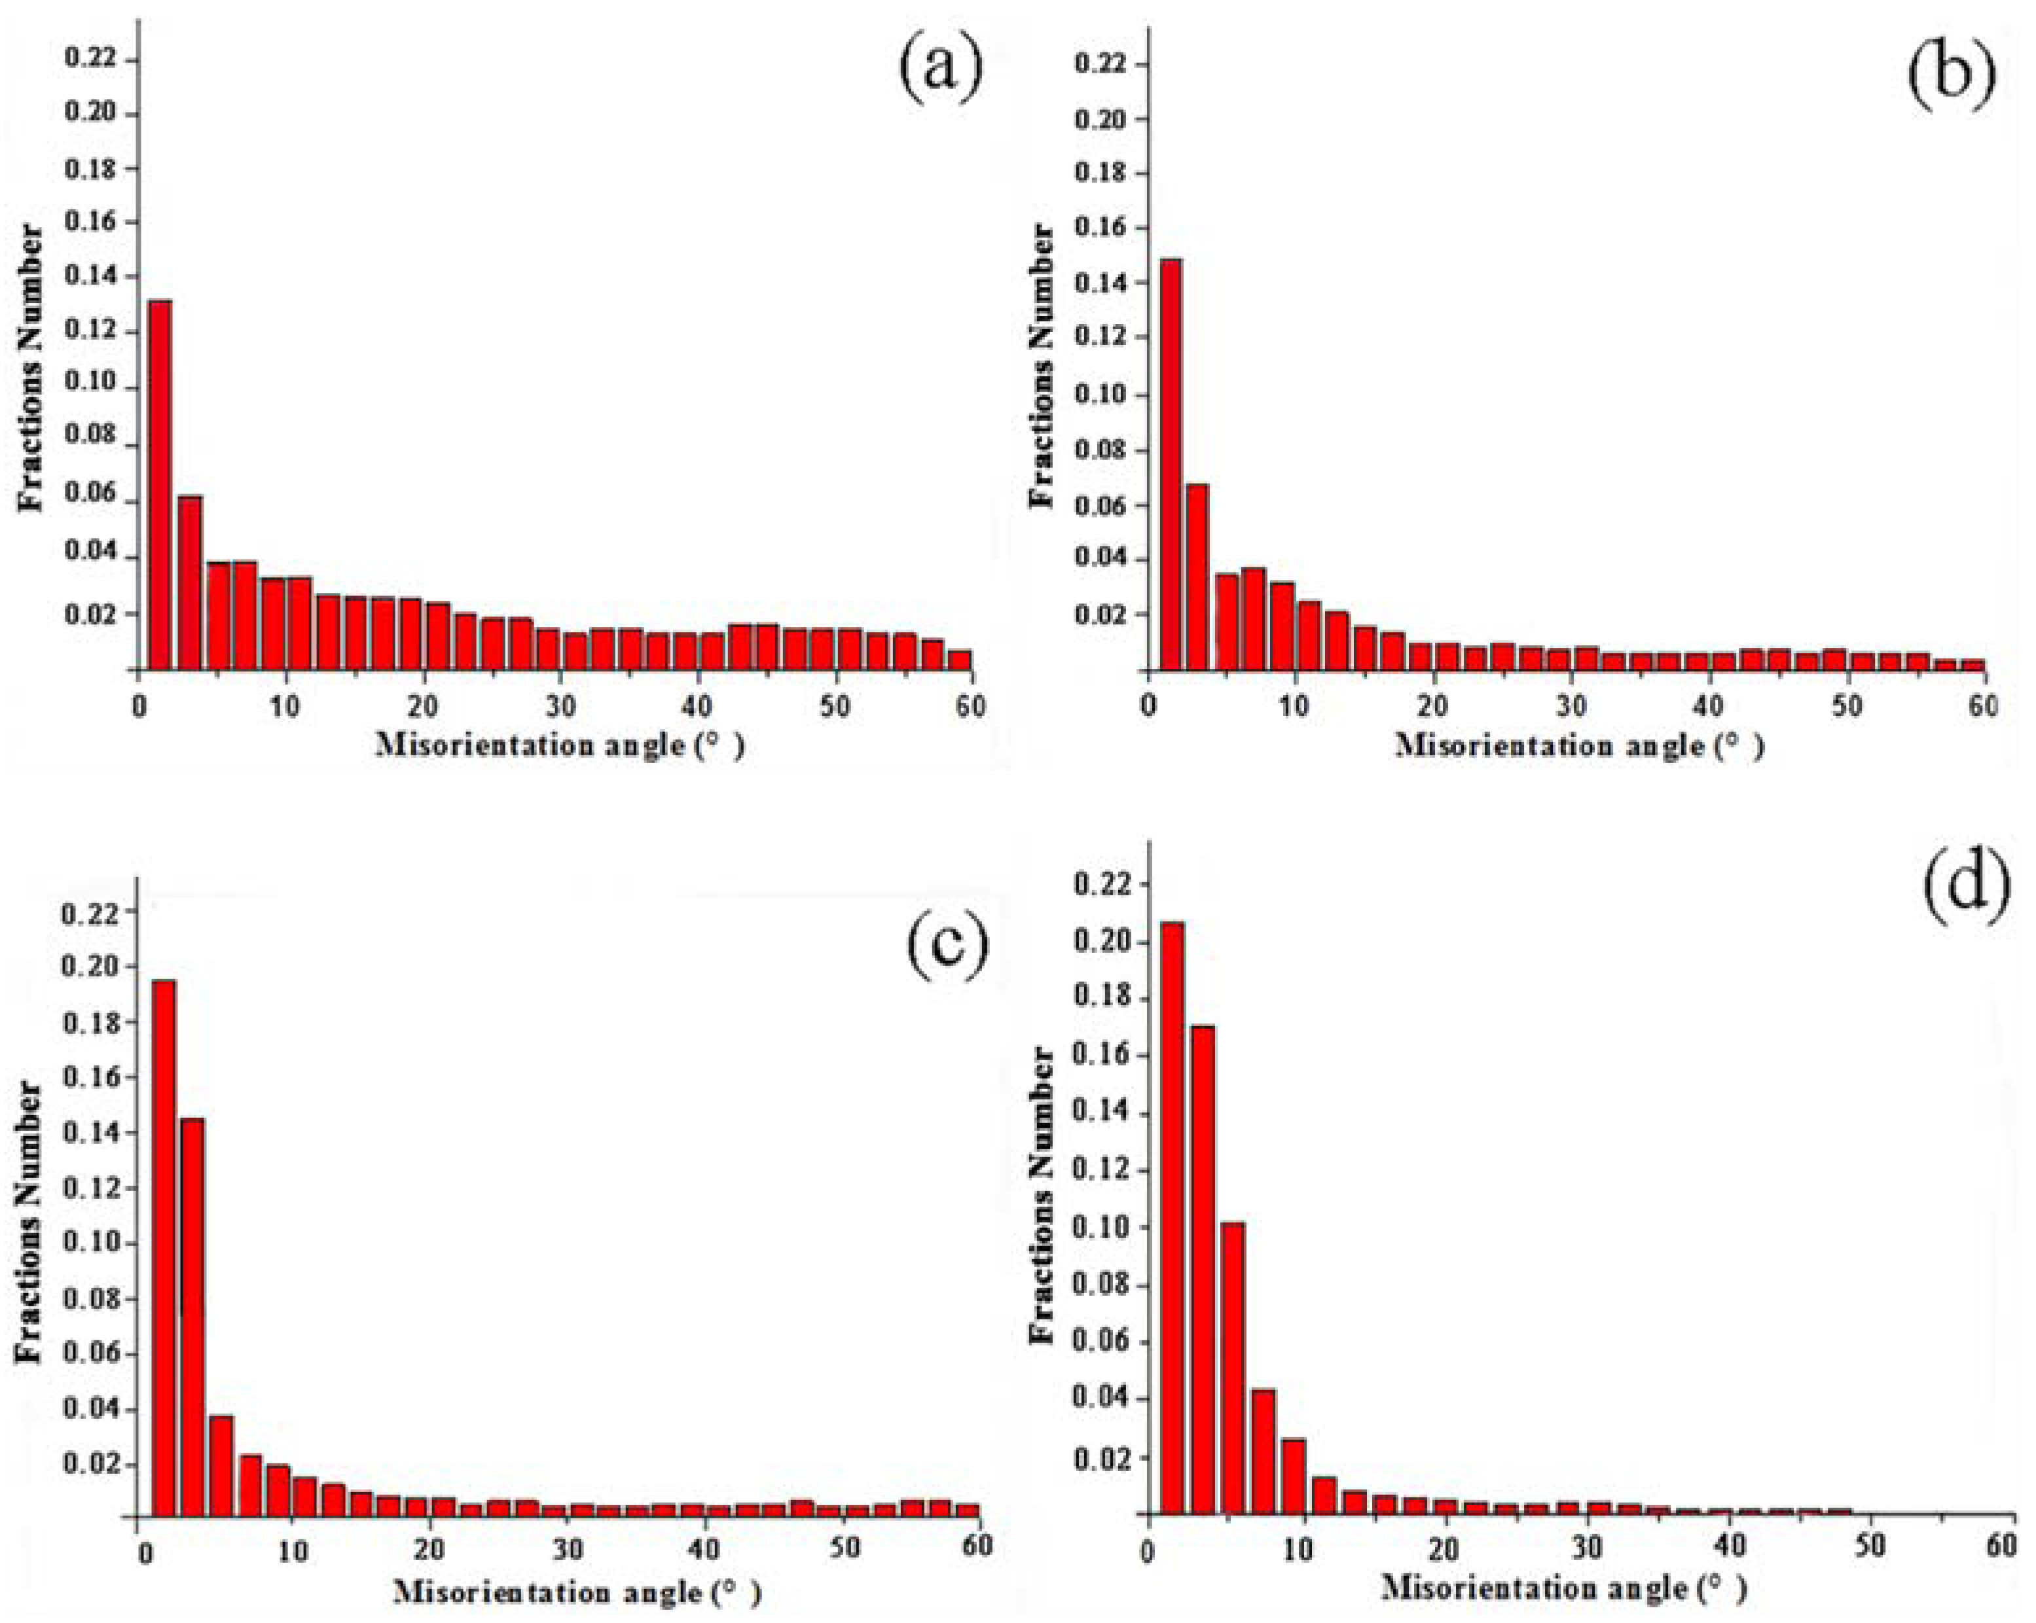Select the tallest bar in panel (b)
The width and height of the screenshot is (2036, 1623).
point(1170,465)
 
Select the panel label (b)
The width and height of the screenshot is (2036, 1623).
point(1951,74)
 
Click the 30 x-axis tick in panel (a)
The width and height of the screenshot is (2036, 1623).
point(559,706)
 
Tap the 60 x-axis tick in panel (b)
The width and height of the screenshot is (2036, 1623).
point(1983,706)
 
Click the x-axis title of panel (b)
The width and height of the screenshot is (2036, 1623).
point(1580,746)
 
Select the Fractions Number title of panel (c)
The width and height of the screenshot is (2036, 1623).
point(30,1222)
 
